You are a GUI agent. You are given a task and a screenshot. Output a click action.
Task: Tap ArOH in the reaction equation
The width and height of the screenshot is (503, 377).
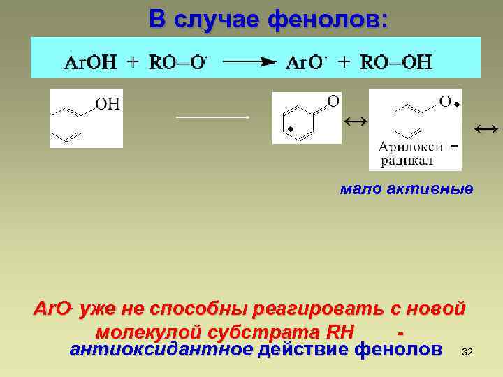pos(91,63)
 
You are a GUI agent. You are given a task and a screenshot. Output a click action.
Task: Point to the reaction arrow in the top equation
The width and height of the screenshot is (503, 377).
pos(248,62)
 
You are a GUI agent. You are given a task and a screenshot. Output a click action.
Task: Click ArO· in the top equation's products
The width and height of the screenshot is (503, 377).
pos(307,63)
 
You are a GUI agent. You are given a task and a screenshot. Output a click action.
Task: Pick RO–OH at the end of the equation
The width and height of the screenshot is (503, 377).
pos(396,63)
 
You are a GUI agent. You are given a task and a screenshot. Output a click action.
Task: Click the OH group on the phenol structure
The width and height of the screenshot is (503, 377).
pos(108,105)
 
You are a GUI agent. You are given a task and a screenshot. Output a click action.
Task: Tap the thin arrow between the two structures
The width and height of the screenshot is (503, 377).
pos(212,117)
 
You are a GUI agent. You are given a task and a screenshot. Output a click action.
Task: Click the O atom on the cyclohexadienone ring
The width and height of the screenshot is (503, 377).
pos(333,102)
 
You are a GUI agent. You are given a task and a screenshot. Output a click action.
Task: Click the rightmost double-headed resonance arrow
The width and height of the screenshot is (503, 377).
pos(486,128)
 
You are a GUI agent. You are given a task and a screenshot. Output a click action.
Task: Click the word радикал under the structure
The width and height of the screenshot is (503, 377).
pos(407,160)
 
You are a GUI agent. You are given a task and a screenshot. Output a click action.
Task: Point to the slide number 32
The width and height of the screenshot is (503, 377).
pos(467,353)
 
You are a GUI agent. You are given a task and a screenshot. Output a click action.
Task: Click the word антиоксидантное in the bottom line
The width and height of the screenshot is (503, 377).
pos(161,348)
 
